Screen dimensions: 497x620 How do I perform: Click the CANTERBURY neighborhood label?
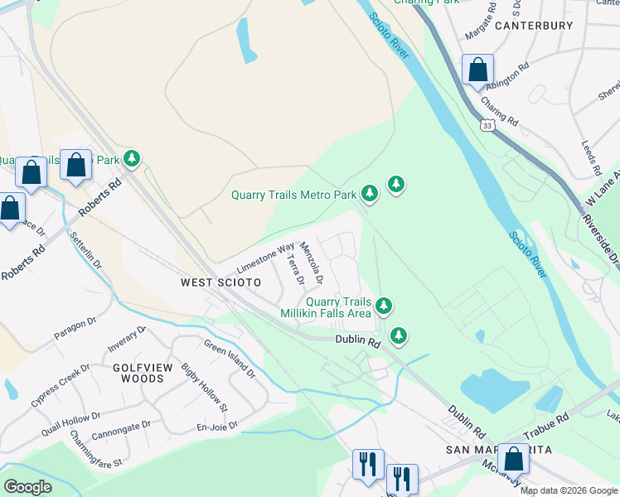(534, 26)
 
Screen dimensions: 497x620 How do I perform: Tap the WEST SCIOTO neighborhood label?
(220, 282)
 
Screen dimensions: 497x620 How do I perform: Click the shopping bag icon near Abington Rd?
(478, 70)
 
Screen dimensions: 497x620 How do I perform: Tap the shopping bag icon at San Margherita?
(513, 460)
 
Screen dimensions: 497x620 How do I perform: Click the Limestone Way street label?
(265, 258)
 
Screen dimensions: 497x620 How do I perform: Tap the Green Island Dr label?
(230, 360)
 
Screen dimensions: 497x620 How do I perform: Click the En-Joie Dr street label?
(218, 426)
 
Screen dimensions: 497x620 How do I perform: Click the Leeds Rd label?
(592, 157)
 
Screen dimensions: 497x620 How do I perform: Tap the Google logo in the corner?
(27, 487)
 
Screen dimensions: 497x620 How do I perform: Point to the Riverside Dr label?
(603, 241)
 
